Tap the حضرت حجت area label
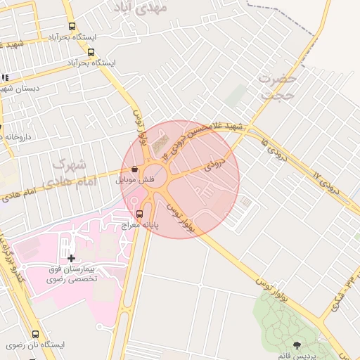click(x=275, y=87)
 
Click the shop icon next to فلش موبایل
click(x=134, y=169)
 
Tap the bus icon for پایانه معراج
click(x=139, y=214)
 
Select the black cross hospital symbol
click(x=71, y=259)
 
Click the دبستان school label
click(x=18, y=89)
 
